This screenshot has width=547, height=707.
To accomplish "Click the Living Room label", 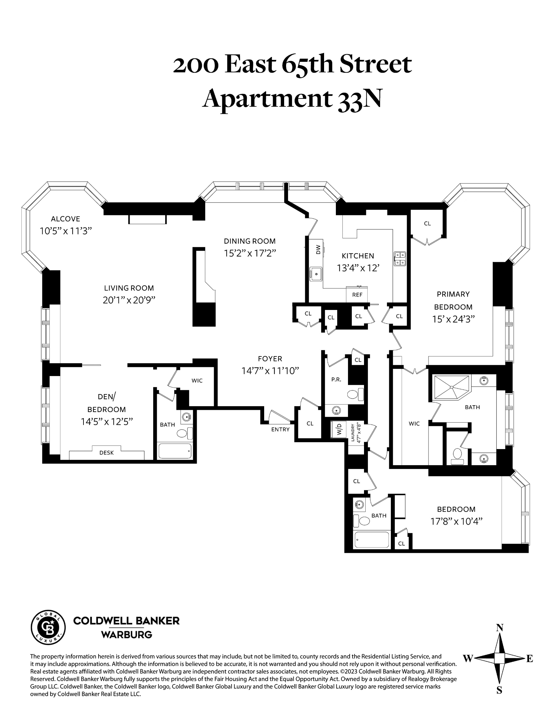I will tap(129, 288).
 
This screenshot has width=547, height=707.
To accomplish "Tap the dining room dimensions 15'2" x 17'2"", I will tap(250, 253).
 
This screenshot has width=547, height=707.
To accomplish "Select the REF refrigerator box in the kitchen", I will tap(357, 295).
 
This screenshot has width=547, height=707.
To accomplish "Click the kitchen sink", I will tap(316, 274).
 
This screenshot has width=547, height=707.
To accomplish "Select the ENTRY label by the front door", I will tap(280, 429).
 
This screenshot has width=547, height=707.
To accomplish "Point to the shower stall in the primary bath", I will tap(452, 387).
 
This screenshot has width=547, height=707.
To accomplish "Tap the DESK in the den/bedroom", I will tap(106, 453).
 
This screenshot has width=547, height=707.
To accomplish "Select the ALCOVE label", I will tap(65, 219).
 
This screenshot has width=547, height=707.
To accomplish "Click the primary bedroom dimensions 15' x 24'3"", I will tap(453, 319).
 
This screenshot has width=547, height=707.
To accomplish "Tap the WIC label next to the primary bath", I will tap(414, 424).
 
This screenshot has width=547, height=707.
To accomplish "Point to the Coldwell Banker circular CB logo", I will tap(48, 628).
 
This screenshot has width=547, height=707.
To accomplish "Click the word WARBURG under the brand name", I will tap(126, 635).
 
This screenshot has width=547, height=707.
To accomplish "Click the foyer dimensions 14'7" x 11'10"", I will tap(270, 371).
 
